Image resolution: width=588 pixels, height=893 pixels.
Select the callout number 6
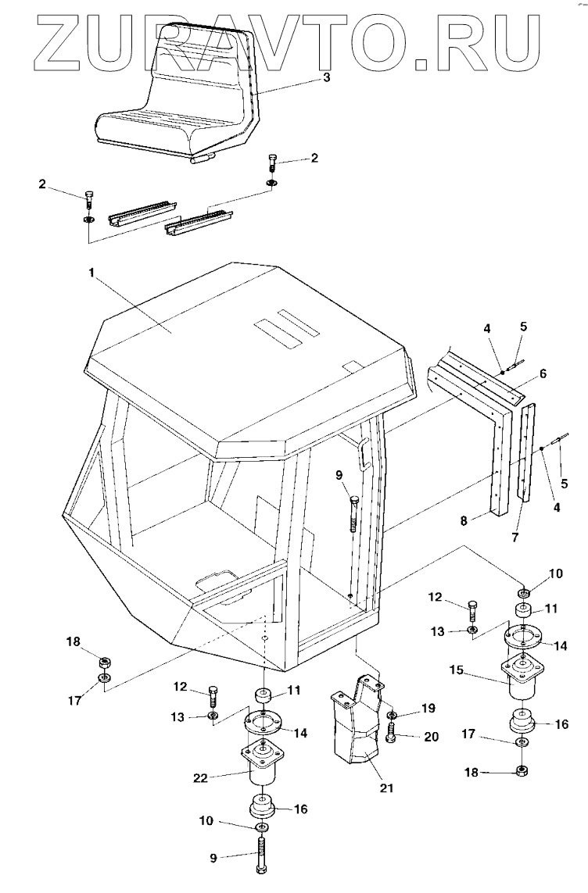543,373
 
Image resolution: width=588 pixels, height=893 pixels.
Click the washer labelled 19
391,715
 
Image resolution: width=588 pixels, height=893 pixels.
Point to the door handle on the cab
363,454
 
